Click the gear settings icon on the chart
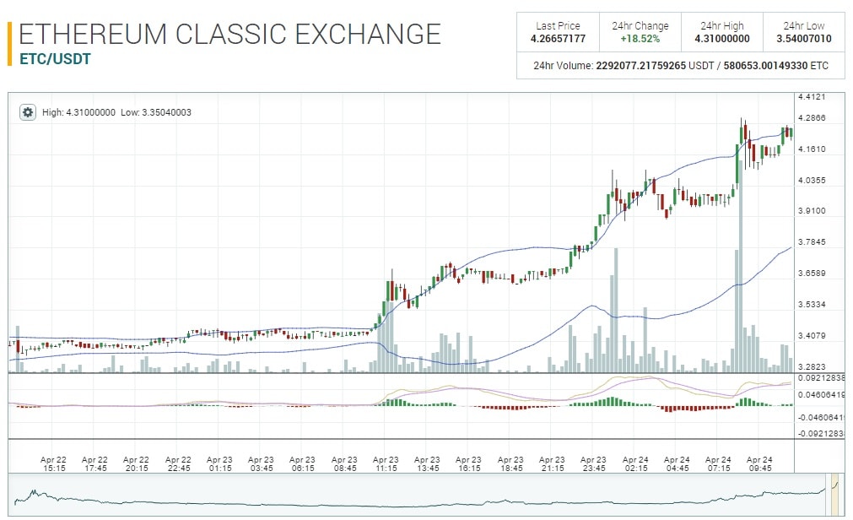click(28, 111)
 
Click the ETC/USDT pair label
click(55, 59)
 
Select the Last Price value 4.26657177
click(557, 39)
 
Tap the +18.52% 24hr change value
click(640, 39)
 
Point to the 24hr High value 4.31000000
click(721, 39)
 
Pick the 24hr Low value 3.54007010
click(803, 39)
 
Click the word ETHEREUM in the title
click(94, 34)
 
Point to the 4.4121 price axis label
click(811, 97)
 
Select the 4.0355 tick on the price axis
click(811, 180)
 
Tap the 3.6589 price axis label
click(811, 274)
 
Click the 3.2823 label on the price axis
click(811, 366)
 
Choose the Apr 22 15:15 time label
click(53, 463)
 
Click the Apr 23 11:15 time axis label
click(386, 463)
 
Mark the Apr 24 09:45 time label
click(759, 463)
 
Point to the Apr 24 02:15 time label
click(635, 463)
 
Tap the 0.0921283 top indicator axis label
click(820, 378)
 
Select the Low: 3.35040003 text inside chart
click(156, 111)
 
